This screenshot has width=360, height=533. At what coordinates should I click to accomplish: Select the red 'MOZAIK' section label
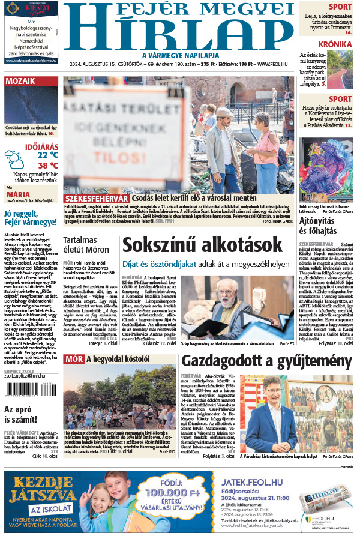click(20, 82)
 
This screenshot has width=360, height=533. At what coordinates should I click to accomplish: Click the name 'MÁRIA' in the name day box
click(18, 194)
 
